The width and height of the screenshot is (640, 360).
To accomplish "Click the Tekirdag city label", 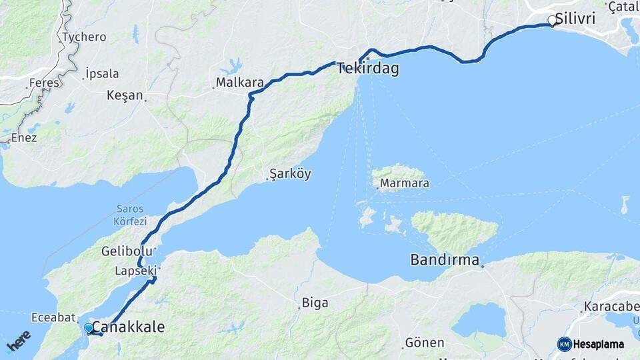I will click(x=368, y=68).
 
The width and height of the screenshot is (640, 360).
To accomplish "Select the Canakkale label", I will click(x=127, y=327).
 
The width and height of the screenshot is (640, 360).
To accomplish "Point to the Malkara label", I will click(x=240, y=83).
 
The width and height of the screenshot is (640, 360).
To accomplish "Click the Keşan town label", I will click(x=125, y=95).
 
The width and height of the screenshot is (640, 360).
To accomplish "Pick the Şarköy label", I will click(x=290, y=174).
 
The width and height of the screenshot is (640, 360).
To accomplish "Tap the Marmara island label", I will click(x=404, y=183).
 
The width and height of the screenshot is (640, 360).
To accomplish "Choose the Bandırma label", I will click(x=445, y=259).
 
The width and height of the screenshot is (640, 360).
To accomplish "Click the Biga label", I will click(x=315, y=303).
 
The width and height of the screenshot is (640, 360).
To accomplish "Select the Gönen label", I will click(x=425, y=343).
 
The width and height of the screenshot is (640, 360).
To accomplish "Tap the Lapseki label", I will click(x=135, y=271).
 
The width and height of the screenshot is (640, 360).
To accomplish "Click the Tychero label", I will click(x=84, y=37).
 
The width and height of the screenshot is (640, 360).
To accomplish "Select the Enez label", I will click(x=24, y=137).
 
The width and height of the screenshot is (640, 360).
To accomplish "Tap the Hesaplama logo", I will click(x=591, y=344).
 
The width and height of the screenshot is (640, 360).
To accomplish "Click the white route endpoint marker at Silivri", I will click(x=552, y=21).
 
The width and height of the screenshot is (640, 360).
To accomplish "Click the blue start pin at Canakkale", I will click(x=88, y=327).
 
